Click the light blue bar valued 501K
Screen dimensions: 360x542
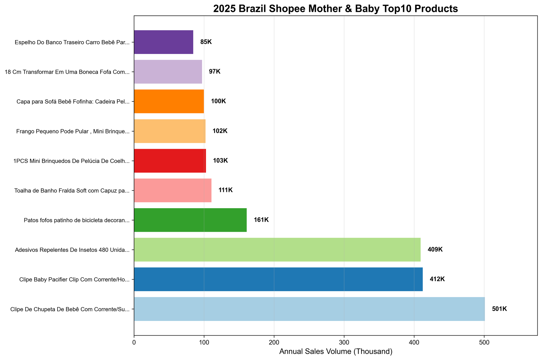tap(309, 309)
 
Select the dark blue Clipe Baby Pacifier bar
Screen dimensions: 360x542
tap(278, 279)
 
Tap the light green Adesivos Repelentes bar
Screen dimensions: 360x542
tap(277, 249)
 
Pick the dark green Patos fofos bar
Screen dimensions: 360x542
tap(190, 220)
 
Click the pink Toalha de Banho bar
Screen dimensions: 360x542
tap(173, 190)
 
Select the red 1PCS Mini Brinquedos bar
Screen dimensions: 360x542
tap(170, 160)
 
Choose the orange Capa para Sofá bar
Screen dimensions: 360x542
tap(169, 101)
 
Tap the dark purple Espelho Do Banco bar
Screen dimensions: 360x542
tap(163, 42)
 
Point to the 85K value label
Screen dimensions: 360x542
tap(206, 42)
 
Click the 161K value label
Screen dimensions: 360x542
tap(261, 220)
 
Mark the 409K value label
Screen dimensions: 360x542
tap(435, 249)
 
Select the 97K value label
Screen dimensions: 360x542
tap(215, 72)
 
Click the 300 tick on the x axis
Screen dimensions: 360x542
tap(344, 343)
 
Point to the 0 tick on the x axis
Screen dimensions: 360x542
tap(134, 343)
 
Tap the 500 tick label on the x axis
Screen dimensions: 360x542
tap(484, 343)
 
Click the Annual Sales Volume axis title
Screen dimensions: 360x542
tap(335, 352)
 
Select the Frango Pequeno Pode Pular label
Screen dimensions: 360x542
tap(73, 131)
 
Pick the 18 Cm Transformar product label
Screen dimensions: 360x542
tap(67, 72)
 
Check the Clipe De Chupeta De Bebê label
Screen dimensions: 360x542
tap(70, 309)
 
